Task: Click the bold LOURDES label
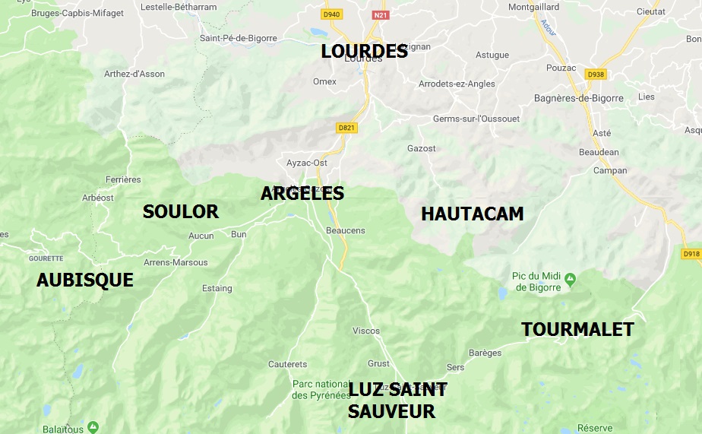pos(364,51)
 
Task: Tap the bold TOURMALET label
pos(577,329)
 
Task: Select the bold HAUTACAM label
pos(472,214)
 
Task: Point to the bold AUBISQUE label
pos(84,280)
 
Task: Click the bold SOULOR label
pos(180,211)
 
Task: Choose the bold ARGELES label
pos(302,193)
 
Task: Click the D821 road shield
pos(346,128)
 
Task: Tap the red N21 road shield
pos(380,14)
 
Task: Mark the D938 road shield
pos(596,74)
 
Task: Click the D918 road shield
pos(691,254)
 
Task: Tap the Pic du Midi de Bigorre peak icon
pos(570,277)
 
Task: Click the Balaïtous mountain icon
pos(93,426)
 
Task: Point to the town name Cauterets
pos(287,364)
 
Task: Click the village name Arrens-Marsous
pos(175,262)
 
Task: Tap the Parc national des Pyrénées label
pos(320,389)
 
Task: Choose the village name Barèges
pos(485,353)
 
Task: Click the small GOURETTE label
pos(46,258)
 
